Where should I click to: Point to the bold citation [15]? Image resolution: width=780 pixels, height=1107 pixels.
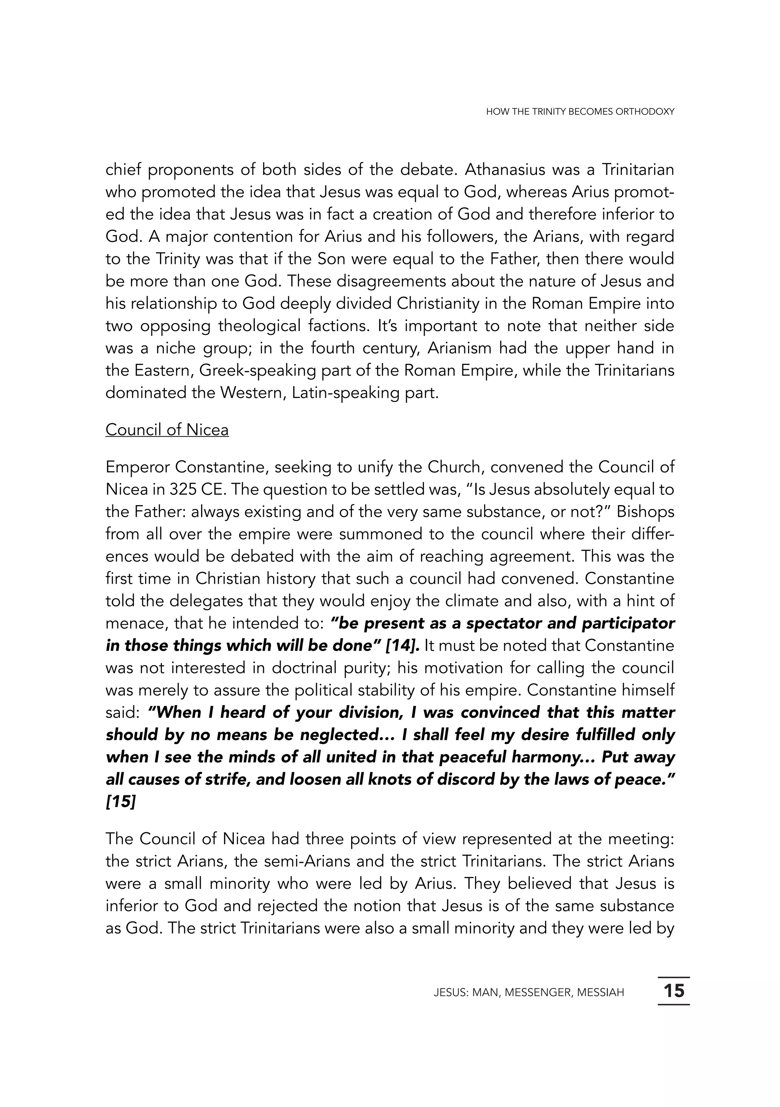click(x=120, y=802)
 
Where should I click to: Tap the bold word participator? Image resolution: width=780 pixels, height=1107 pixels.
click(x=628, y=624)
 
